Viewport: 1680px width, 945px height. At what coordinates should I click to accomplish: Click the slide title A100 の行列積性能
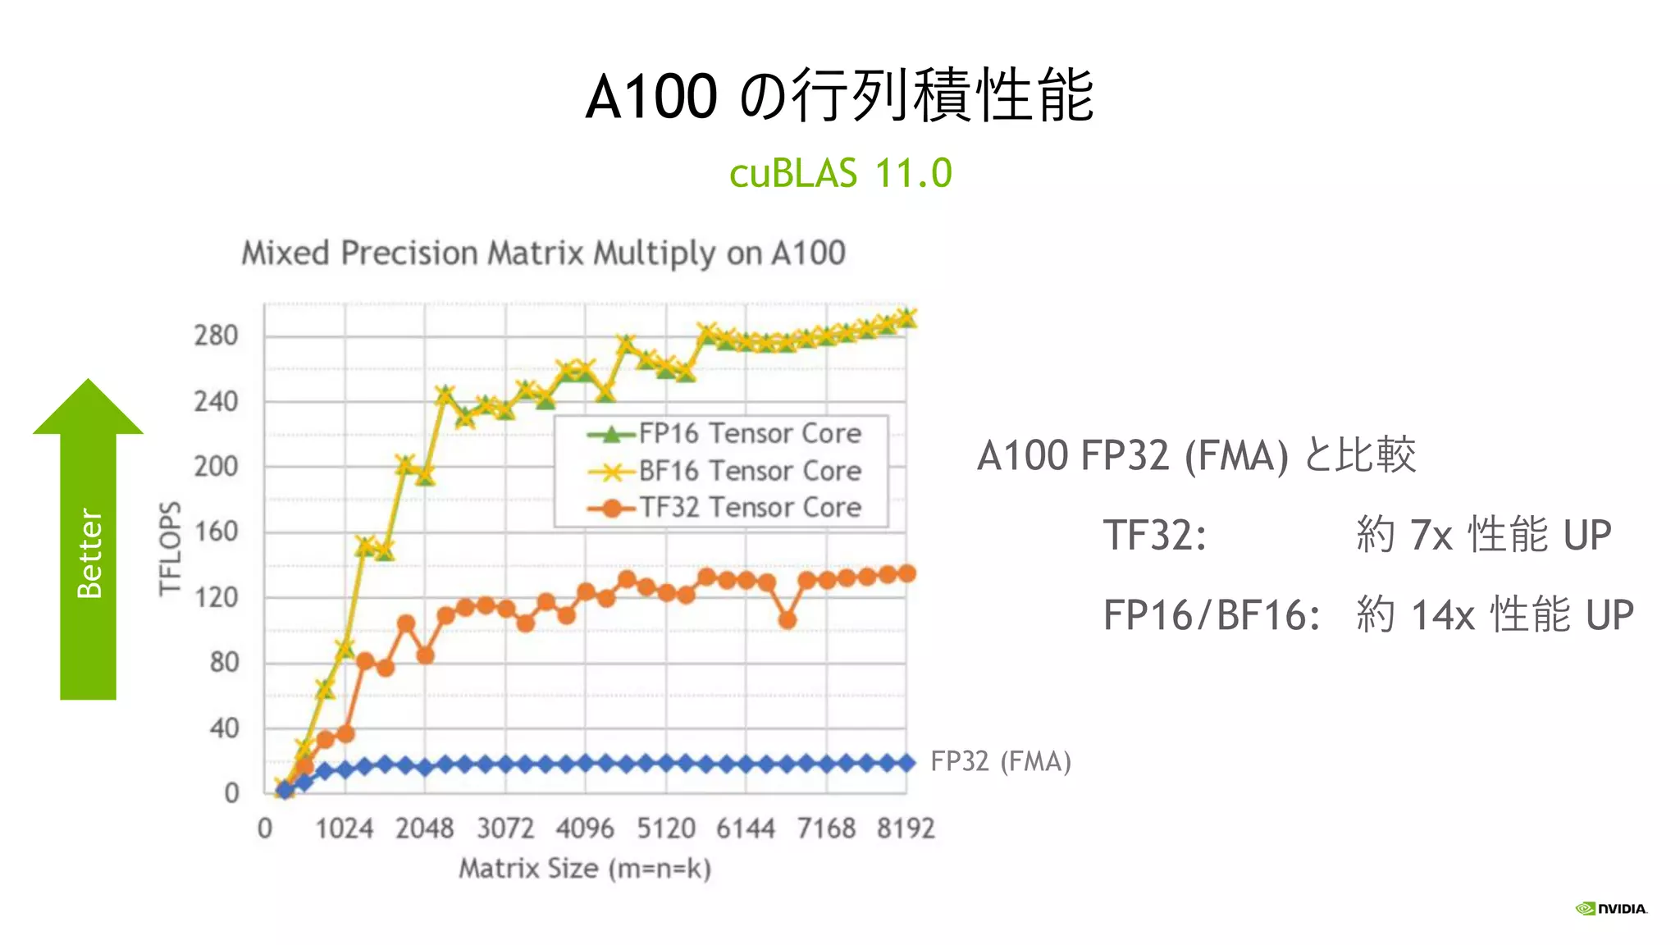tap(839, 96)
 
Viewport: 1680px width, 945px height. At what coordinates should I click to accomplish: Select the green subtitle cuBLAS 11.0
tap(840, 173)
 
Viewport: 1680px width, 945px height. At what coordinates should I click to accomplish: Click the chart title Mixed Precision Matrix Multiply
tap(543, 253)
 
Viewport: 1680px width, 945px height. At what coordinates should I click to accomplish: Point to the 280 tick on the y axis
tap(216, 336)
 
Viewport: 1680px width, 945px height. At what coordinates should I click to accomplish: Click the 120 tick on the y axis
tap(216, 597)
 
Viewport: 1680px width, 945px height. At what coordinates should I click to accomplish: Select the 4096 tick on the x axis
tap(585, 829)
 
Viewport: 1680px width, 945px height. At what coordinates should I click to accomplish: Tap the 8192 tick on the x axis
tap(906, 829)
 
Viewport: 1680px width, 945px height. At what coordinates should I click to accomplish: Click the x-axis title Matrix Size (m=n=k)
tap(585, 868)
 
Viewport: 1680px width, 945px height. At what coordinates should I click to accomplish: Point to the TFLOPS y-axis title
tap(170, 548)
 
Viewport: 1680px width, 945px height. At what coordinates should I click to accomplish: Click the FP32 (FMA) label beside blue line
tap(1001, 761)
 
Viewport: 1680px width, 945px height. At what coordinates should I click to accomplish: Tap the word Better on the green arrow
tap(89, 553)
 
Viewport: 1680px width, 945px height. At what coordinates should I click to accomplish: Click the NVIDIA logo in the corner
tap(1612, 908)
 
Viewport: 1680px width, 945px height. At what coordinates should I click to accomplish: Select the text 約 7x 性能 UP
tap(1483, 535)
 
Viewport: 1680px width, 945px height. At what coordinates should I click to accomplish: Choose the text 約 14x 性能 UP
tap(1495, 614)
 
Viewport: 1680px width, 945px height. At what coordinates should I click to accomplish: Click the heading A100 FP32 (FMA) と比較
tap(1196, 455)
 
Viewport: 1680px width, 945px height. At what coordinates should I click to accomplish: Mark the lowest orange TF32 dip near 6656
tap(787, 620)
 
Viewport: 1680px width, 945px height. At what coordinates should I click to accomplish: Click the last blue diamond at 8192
tap(906, 763)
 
